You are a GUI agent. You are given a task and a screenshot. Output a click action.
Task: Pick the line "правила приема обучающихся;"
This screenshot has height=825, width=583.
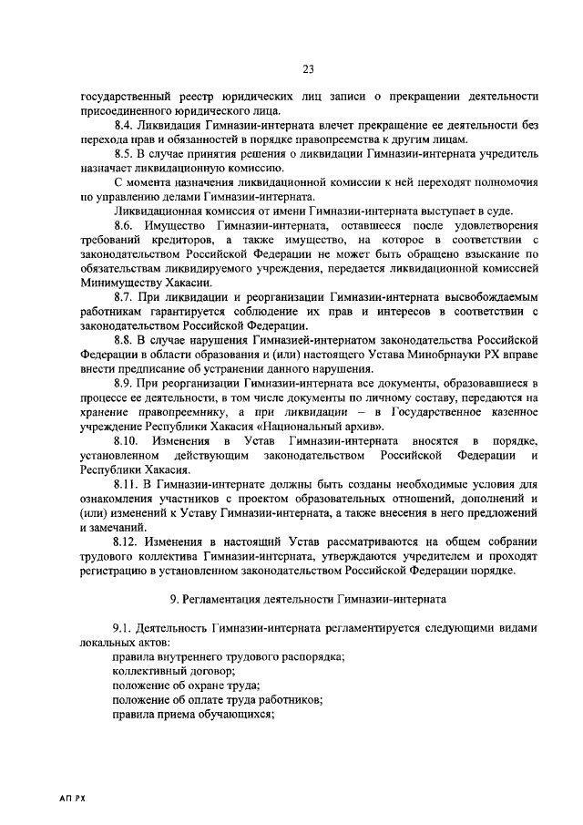193,716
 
